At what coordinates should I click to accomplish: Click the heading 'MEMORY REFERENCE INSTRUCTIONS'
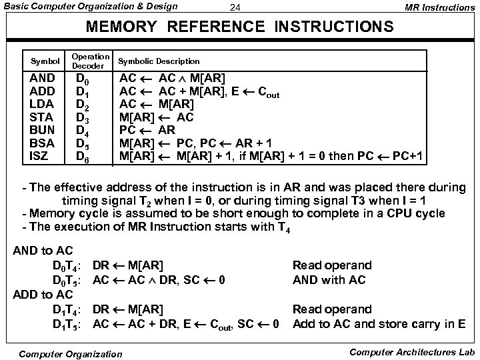point(240,27)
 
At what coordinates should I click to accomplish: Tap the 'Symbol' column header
point(46,61)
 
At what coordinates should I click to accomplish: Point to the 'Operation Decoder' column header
point(90,61)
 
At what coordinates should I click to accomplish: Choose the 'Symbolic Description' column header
point(158,61)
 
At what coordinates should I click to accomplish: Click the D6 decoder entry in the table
point(84,157)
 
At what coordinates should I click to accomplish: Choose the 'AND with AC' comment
point(329,280)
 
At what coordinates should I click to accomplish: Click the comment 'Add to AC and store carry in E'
point(379,324)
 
